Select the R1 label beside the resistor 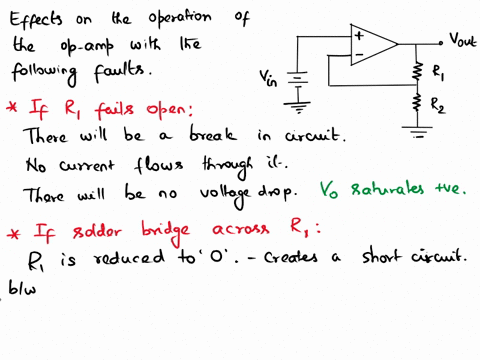[x=438, y=71]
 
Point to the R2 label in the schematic [x=438, y=103]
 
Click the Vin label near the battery [x=268, y=76]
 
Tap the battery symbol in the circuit [x=296, y=78]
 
